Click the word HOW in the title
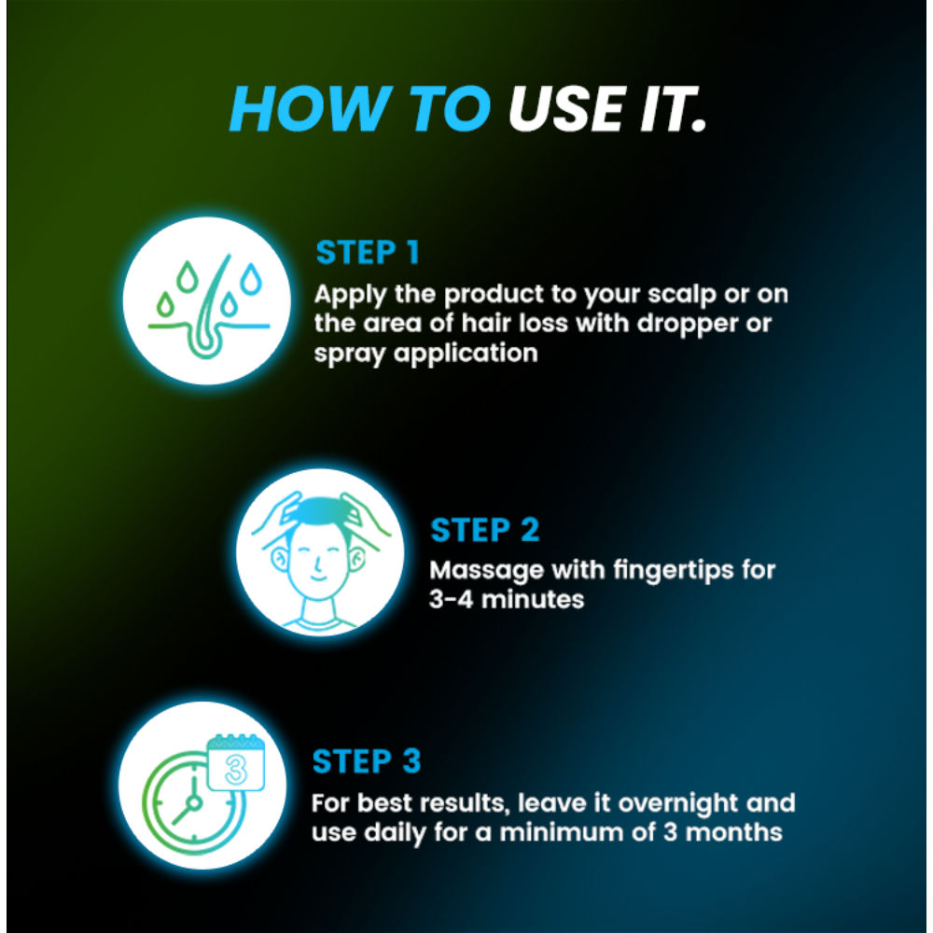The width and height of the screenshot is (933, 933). [x=309, y=108]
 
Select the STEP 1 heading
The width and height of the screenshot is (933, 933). [x=368, y=252]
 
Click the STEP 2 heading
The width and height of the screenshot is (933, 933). [x=485, y=530]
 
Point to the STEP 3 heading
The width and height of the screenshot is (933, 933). [x=367, y=761]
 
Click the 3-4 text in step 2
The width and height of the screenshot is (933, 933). [x=451, y=599]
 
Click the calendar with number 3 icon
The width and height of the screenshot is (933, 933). [x=236, y=763]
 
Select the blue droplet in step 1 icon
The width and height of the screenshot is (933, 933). [x=250, y=279]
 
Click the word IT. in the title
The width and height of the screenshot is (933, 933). [x=673, y=108]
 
